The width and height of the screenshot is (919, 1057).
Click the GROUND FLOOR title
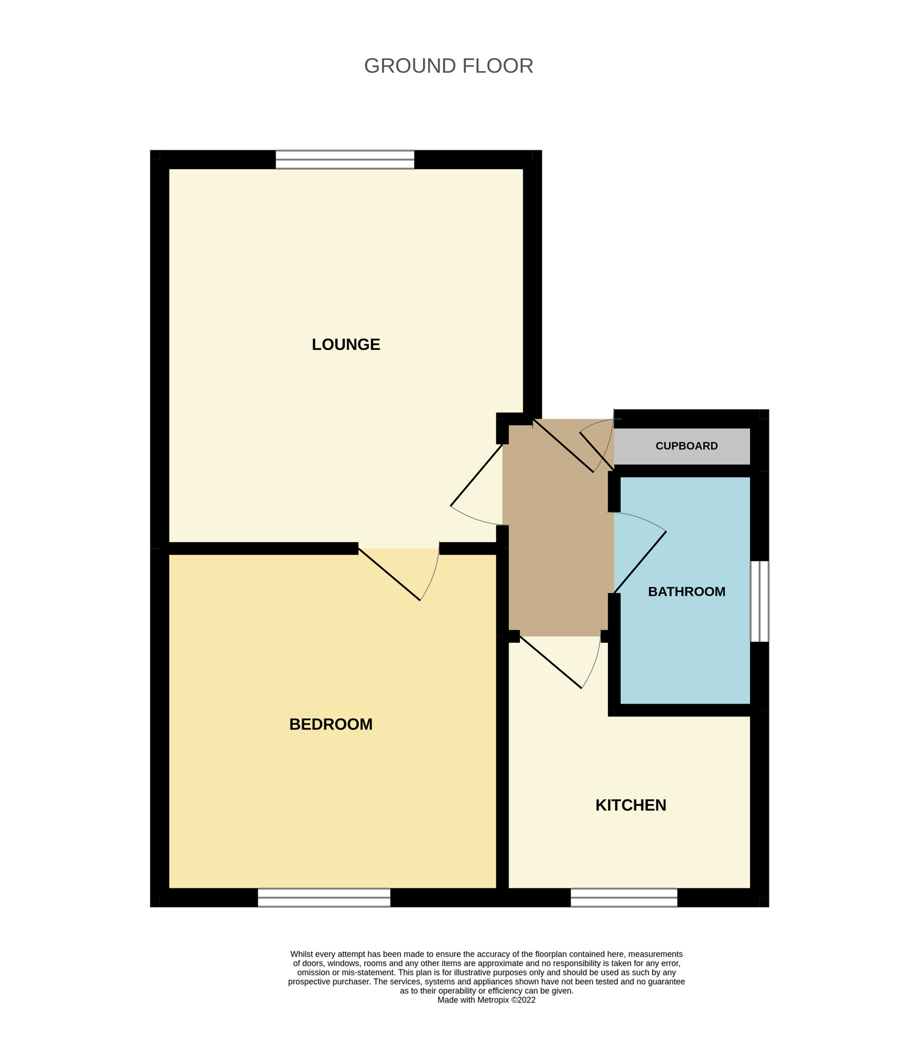(x=448, y=66)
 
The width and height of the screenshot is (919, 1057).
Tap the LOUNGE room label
(x=346, y=345)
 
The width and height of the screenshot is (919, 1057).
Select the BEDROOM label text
(x=330, y=725)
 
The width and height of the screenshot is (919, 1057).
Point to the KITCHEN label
(x=630, y=805)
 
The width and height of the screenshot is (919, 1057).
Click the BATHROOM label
(x=686, y=592)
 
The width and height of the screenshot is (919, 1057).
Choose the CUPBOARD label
(x=686, y=446)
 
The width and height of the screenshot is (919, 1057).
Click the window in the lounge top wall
(x=344, y=160)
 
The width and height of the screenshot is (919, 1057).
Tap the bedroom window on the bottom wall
(x=324, y=897)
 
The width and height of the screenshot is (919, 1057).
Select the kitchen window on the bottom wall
(x=623, y=897)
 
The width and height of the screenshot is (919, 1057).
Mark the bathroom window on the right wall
(x=759, y=601)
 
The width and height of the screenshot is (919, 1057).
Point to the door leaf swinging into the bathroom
(x=640, y=562)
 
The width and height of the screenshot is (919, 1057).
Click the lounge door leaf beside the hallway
(x=477, y=475)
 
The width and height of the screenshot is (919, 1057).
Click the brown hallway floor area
(x=558, y=558)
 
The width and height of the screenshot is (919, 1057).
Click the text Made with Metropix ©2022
(x=486, y=1000)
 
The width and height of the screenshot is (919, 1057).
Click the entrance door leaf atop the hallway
(x=562, y=446)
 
